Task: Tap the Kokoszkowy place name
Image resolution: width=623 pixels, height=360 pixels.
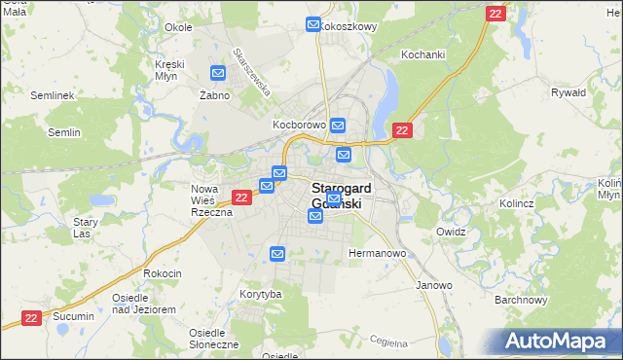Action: click(x=348, y=26)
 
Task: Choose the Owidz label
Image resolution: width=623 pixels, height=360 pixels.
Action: click(x=452, y=233)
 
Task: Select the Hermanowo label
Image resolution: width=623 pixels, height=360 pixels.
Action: click(x=377, y=253)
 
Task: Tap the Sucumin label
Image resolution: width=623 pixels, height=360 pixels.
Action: click(x=74, y=317)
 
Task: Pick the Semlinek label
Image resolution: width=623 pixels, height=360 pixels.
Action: click(x=53, y=96)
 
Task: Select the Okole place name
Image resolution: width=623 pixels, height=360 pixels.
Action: click(x=178, y=27)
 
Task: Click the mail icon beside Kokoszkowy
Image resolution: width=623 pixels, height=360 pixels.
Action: click(x=313, y=25)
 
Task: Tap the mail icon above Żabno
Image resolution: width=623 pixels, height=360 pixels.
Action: click(x=218, y=73)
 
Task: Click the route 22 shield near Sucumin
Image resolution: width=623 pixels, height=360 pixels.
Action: click(x=31, y=318)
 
